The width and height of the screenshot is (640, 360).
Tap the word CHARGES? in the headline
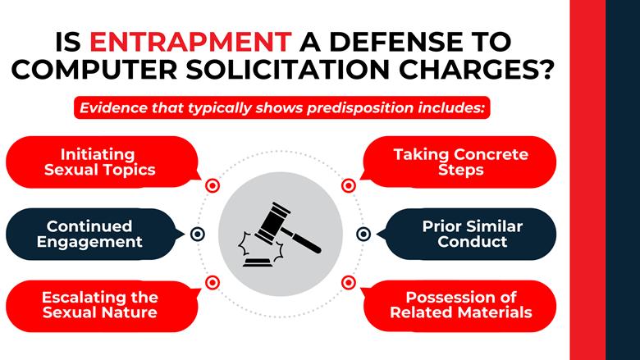(478, 71)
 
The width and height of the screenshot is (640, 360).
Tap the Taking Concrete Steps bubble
(460, 162)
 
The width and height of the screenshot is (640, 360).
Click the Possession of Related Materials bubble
(460, 304)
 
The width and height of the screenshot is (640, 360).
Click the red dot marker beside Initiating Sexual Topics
(213, 186)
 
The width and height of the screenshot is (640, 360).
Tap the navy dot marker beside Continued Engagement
(197, 234)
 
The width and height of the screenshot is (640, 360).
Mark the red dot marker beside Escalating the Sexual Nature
(213, 282)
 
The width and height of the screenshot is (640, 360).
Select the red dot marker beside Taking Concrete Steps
(349, 186)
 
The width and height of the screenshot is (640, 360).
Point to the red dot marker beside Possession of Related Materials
(349, 282)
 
